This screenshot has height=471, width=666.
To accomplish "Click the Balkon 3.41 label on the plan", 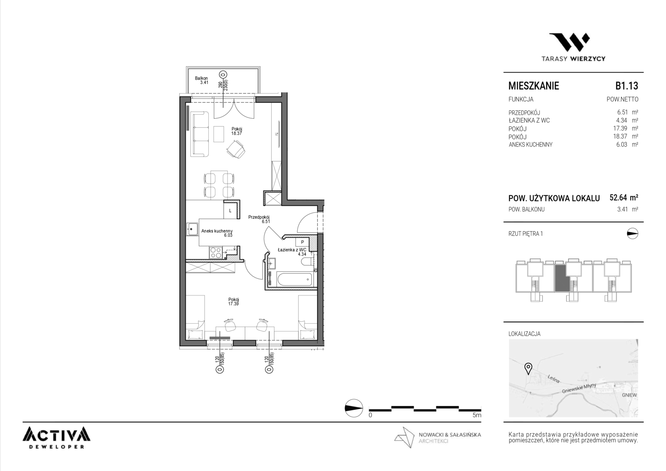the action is point(201,80).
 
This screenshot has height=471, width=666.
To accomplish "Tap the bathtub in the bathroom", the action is point(294,279).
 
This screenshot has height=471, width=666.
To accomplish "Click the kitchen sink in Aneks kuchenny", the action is point(193,229).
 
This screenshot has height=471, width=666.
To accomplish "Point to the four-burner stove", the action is point(216,253).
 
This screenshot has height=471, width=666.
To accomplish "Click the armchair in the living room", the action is point(236,149).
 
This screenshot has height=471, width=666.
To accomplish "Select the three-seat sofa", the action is point(199,134).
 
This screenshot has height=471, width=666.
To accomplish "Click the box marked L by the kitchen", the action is point(230,211).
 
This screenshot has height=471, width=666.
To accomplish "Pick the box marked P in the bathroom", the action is point(302,242).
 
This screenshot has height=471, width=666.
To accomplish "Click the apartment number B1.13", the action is point(627,85).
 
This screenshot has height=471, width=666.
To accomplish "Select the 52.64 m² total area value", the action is point(624,198).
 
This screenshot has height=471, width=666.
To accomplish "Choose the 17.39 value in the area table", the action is point(620,128).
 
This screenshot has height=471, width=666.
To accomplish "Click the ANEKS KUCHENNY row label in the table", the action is point(530,145).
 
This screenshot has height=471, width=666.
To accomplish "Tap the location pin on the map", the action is point(528,369).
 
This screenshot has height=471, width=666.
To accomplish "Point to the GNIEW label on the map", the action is point(629,395).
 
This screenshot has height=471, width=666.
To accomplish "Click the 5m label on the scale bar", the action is point(477,415).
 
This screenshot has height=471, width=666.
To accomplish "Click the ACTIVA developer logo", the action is point(57,438).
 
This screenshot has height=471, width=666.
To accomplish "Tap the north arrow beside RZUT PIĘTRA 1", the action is point(632,234).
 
